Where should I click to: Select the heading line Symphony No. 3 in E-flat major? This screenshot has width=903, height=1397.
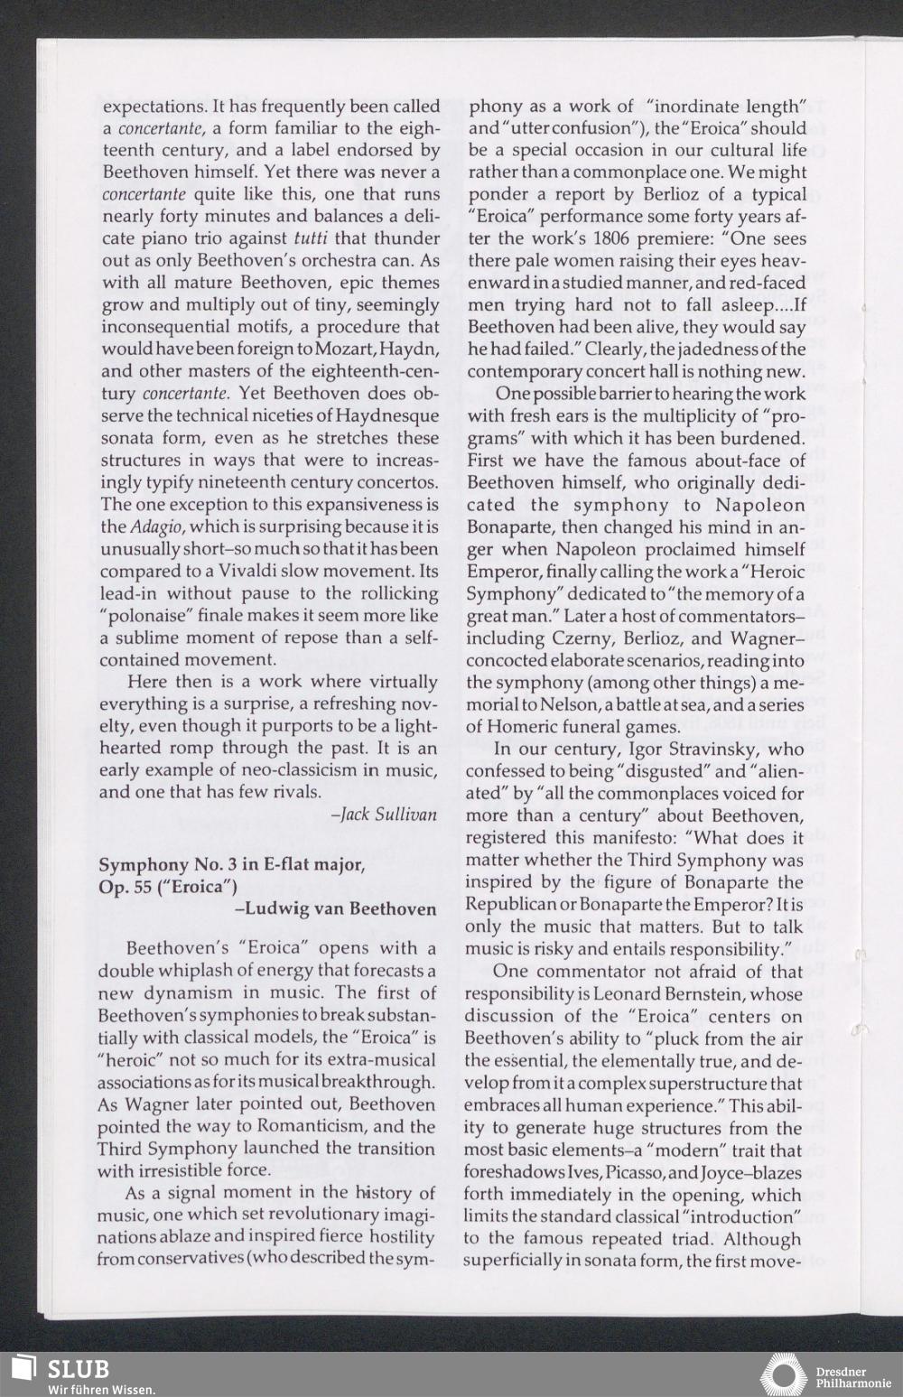[231, 865]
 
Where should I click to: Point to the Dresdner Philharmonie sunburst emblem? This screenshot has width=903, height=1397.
[783, 1374]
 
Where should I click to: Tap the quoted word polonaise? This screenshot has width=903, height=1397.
[154, 616]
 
